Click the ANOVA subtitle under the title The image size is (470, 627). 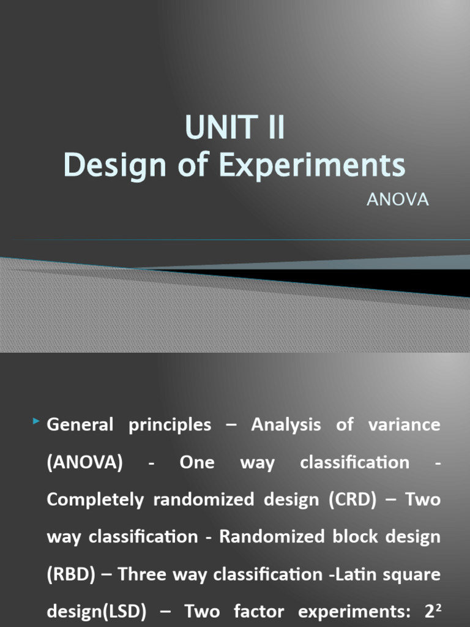(x=398, y=200)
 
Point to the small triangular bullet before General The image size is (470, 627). (x=37, y=421)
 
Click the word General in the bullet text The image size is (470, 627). (x=80, y=424)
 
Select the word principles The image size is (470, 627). (x=170, y=424)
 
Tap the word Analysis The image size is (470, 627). (x=286, y=424)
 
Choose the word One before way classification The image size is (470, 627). (x=197, y=462)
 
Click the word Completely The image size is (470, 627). (x=97, y=500)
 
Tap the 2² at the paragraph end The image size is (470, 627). (x=431, y=610)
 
